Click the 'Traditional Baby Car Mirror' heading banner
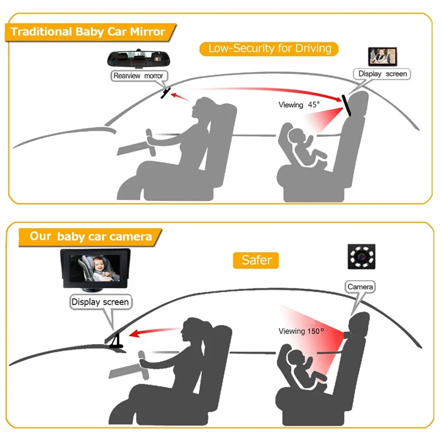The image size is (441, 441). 88,31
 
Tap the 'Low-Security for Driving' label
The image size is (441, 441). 270,49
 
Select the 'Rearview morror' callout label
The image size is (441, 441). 138,76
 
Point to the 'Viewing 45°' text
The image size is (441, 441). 299,105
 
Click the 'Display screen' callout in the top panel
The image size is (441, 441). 382,74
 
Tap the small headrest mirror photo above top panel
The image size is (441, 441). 381,56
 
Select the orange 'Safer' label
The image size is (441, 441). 257,260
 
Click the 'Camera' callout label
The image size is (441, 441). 360,287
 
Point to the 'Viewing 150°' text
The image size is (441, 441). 301,331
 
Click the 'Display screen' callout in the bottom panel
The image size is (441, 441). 100,302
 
